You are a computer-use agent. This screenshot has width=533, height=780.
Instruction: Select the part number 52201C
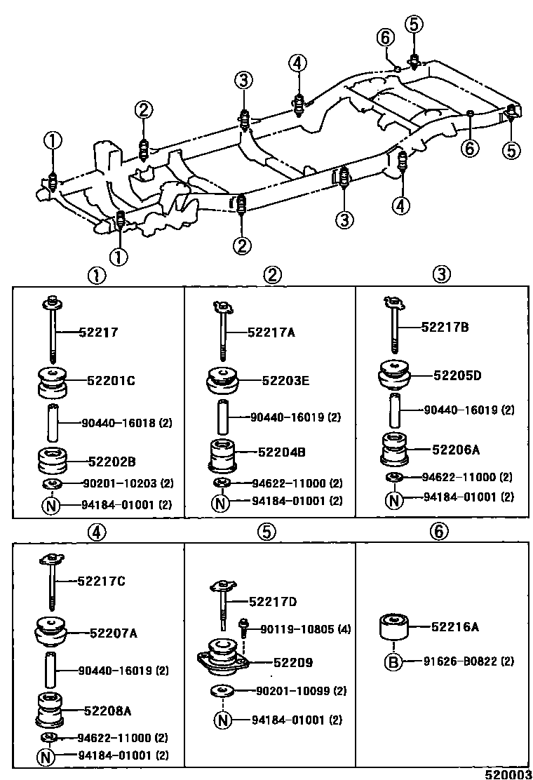tap(111, 381)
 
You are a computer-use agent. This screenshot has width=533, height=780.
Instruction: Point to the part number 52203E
tap(285, 381)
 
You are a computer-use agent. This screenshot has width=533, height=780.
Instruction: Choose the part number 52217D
tap(273, 601)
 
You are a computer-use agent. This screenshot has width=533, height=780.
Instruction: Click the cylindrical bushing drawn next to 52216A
tap(394, 626)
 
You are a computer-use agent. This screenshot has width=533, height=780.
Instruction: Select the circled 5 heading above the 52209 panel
tap(265, 532)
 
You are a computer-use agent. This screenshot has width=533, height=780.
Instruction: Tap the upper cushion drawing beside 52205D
tap(396, 375)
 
